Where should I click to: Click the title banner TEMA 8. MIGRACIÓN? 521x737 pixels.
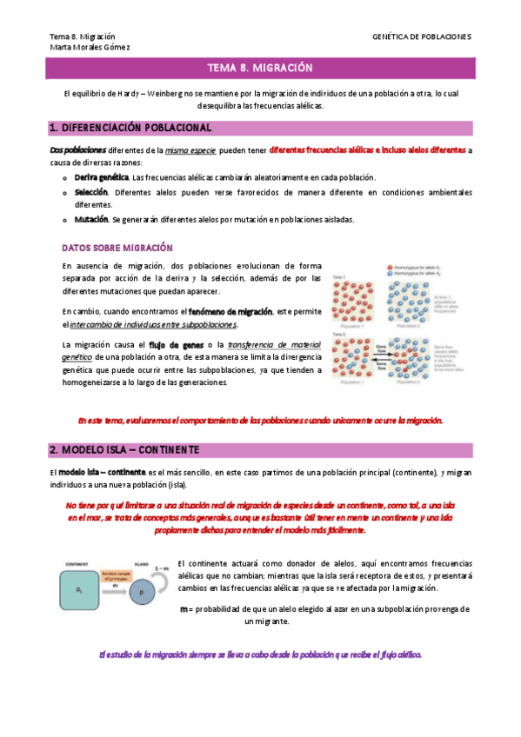(x=260, y=68)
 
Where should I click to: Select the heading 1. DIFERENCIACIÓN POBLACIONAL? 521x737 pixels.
(x=131, y=128)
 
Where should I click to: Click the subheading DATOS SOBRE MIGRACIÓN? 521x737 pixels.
(x=117, y=248)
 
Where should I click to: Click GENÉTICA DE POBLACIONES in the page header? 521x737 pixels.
(x=421, y=37)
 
